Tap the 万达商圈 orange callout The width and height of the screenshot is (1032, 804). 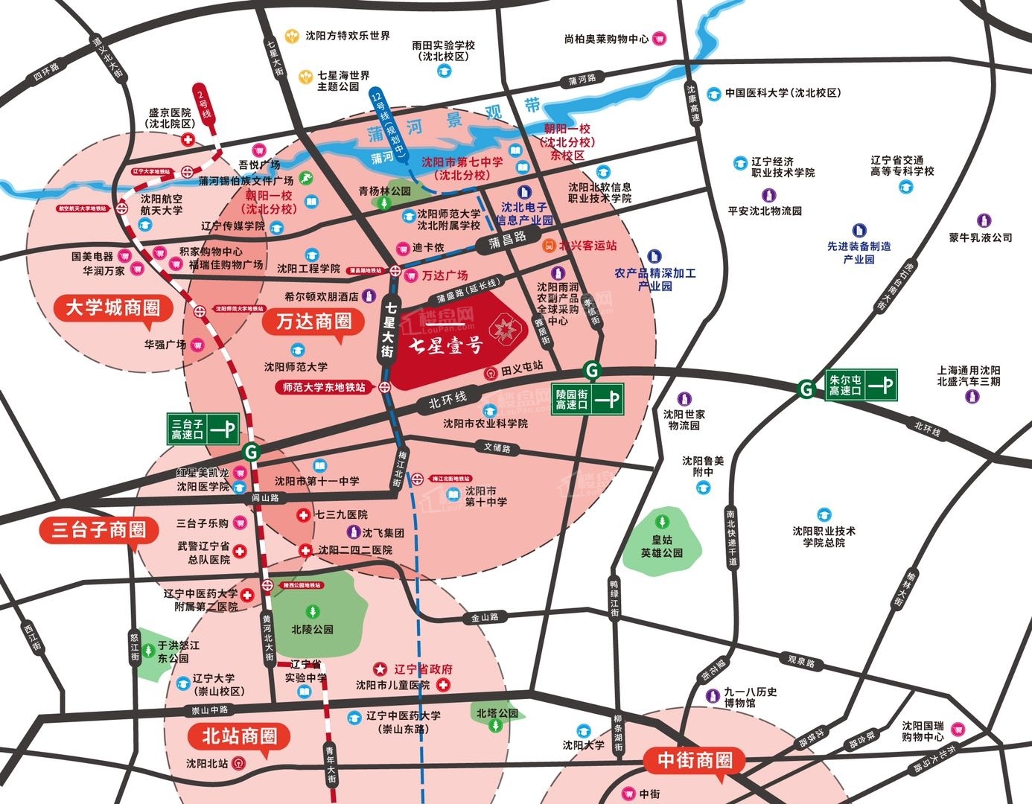(313, 322)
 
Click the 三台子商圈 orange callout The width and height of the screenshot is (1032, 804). (98, 530)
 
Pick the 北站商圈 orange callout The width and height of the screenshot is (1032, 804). (240, 736)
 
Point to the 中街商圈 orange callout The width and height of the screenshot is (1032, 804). (694, 760)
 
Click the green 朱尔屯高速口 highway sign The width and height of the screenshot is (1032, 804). (861, 385)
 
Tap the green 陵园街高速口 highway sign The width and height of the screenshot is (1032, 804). (587, 399)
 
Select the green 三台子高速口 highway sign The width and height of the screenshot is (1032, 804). (203, 429)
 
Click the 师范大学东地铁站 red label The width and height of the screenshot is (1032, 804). (323, 387)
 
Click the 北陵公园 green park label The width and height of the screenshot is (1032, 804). (312, 629)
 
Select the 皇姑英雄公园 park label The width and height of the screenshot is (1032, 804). (661, 546)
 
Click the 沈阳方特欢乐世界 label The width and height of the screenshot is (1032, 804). (347, 36)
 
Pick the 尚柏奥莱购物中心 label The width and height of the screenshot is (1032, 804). (606, 39)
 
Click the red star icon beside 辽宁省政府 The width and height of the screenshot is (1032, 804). (380, 669)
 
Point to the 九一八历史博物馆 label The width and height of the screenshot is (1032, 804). (751, 697)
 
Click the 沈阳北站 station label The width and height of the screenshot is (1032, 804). (207, 763)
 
